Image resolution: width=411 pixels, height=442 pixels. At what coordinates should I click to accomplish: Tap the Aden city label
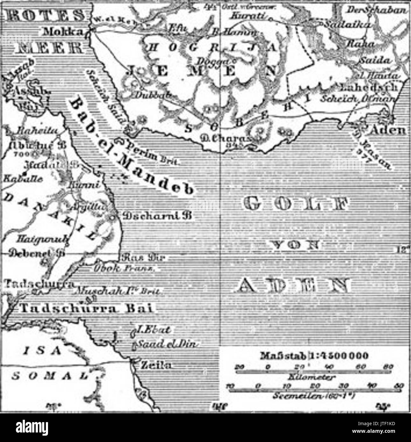point(390,130)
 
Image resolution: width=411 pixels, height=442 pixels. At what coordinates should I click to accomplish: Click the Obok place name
point(107,268)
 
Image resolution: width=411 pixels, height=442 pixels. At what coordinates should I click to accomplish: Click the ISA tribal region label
point(46,350)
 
